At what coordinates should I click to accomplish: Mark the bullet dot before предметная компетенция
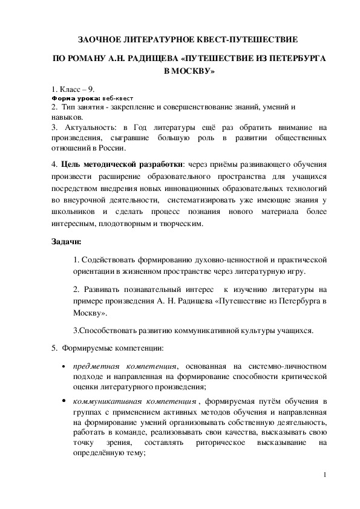(x=64, y=367)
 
